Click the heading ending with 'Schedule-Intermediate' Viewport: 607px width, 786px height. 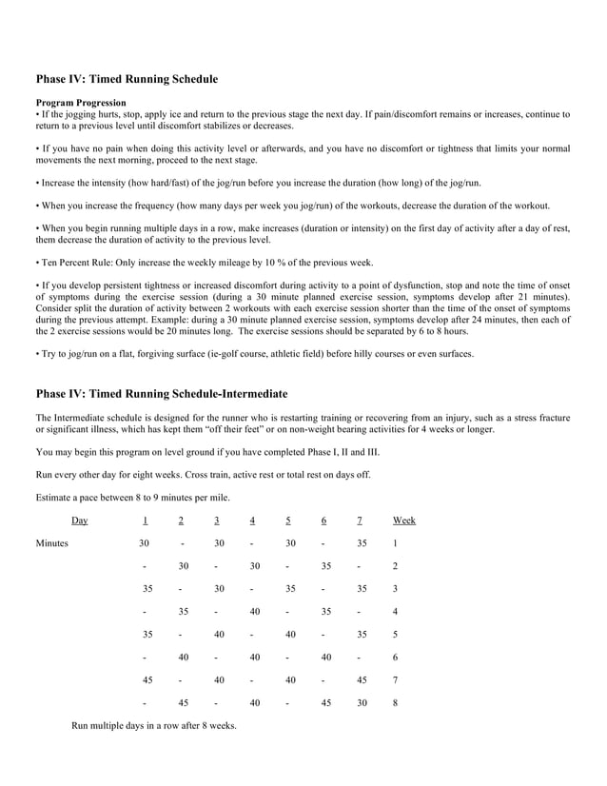162,393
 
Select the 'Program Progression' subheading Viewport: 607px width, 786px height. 81,102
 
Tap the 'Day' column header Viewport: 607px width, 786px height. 80,521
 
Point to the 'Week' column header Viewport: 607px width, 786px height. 403,521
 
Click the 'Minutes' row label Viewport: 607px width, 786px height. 52,543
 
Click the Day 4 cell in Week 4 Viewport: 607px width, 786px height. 254,612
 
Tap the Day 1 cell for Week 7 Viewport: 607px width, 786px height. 147,680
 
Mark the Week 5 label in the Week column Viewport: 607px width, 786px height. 395,635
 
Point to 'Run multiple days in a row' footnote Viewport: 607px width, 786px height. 154,726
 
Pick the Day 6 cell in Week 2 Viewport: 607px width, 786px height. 325,566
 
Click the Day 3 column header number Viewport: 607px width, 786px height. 217,521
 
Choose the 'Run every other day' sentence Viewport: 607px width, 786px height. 203,474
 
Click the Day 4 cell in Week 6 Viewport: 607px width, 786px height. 254,658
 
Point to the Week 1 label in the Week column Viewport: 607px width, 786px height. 395,543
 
